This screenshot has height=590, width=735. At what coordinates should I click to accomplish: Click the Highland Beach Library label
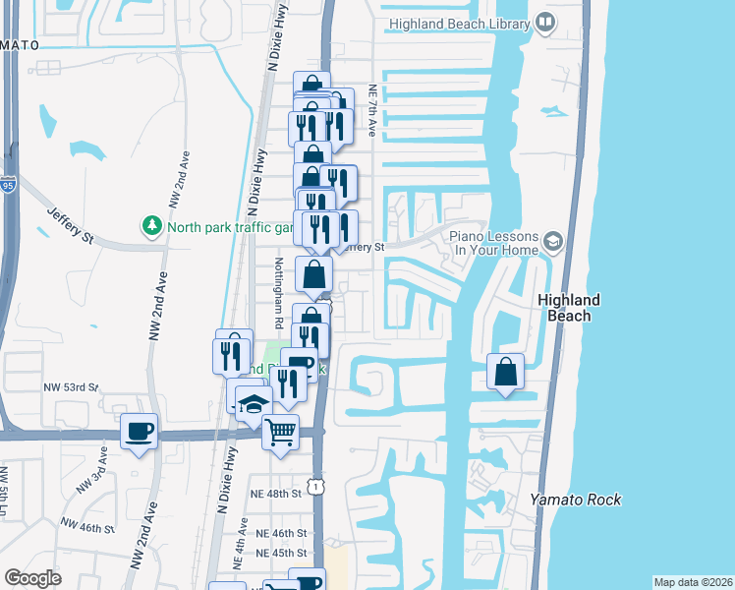[x=458, y=23]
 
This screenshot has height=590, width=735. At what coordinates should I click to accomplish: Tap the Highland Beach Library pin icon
[x=546, y=23]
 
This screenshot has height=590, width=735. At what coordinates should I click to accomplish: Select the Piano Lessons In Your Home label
[x=494, y=244]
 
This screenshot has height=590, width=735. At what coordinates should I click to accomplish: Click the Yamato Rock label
[x=576, y=500]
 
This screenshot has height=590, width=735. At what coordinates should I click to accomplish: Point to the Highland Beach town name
[x=569, y=308]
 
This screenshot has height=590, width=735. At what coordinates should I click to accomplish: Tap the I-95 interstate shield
[x=8, y=184]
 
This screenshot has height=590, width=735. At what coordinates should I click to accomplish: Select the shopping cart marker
[x=280, y=431]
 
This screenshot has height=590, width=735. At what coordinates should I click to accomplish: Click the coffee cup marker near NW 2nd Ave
[x=139, y=431]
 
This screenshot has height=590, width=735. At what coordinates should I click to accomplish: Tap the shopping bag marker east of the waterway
[x=505, y=373]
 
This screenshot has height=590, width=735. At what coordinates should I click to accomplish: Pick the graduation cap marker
[x=253, y=404]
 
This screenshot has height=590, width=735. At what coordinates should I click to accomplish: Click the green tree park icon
[x=152, y=227]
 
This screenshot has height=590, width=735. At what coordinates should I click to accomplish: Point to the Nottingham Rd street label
[x=278, y=293]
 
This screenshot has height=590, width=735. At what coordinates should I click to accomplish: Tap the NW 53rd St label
[x=71, y=387]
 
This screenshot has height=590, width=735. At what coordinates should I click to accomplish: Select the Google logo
[x=33, y=578]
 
